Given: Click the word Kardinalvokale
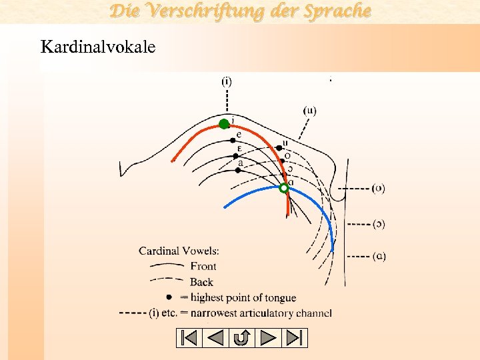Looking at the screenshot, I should point(98,47).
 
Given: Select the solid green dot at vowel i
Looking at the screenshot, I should point(224,123).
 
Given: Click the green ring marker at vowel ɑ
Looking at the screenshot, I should point(284,189).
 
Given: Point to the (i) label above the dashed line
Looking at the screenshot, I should point(227,81).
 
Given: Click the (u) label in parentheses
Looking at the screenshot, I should point(309,110).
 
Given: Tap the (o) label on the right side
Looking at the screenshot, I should point(378,188).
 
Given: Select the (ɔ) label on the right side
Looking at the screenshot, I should point(378,223).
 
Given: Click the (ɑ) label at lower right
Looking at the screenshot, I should point(378,255).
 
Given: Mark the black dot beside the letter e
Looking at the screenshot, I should point(233,140).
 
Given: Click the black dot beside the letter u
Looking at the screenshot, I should point(279,147).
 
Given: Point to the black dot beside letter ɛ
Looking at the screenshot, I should point(235,155).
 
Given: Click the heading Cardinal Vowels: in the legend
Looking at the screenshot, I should point(179,251).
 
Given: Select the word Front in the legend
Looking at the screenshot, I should point(203,267).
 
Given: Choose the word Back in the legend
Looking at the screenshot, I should point(201,282).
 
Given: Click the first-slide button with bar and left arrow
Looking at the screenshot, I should point(189,338).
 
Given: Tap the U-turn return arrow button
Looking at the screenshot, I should point(241,338).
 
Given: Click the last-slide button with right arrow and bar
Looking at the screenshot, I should point(295,338).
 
